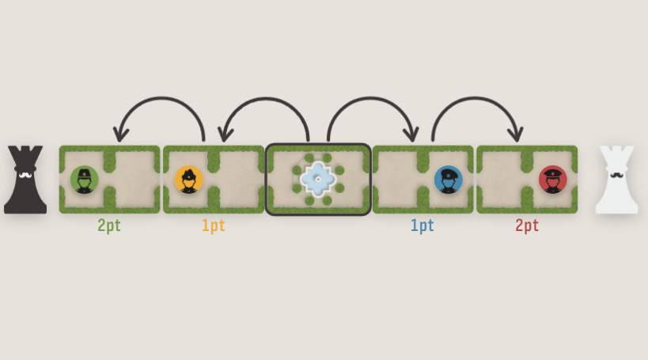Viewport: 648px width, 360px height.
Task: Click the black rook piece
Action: (25, 180)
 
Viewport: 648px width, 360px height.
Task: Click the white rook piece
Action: (616, 180)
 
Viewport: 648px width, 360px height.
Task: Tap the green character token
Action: (84, 180)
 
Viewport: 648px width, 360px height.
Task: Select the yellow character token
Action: (188, 180)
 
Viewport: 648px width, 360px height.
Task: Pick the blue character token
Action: (448, 180)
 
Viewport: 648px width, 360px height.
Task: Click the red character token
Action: (552, 180)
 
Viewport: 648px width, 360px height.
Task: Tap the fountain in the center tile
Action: (318, 180)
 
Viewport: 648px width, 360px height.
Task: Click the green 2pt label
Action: (109, 225)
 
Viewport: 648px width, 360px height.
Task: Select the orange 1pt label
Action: (213, 225)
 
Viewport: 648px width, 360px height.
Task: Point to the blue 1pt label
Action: (422, 225)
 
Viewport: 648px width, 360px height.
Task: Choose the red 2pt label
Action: (527, 225)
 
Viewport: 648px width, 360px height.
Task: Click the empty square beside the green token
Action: (135, 180)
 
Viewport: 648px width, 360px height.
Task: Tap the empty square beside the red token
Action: (501, 180)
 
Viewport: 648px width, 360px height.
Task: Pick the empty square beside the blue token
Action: (396, 180)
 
